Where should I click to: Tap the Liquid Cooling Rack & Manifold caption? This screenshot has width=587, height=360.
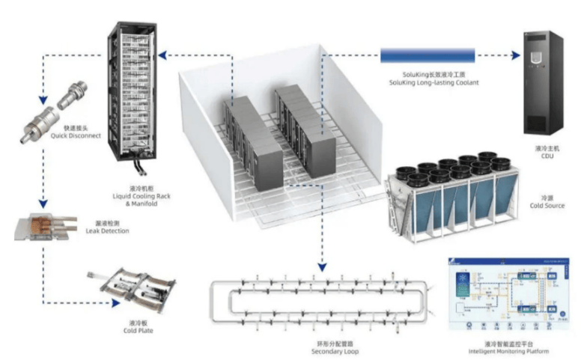tap(130, 198)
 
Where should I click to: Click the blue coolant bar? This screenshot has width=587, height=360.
tap(428, 55)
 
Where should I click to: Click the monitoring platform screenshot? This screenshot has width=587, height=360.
tap(508, 292)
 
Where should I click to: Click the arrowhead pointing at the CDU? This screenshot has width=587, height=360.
tap(517, 55)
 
